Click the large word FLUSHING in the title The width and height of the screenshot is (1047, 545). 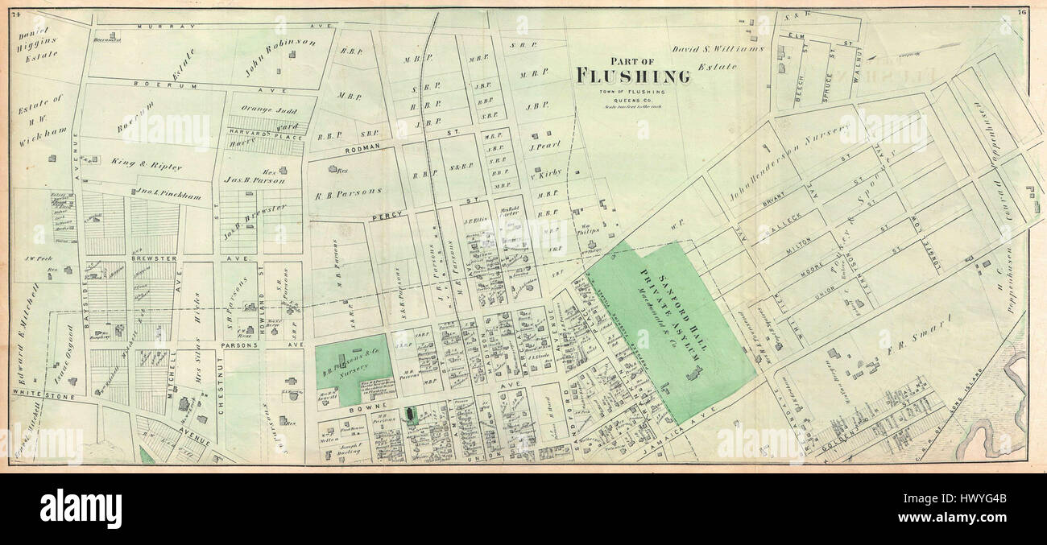633,76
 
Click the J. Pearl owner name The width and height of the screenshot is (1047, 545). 544,147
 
